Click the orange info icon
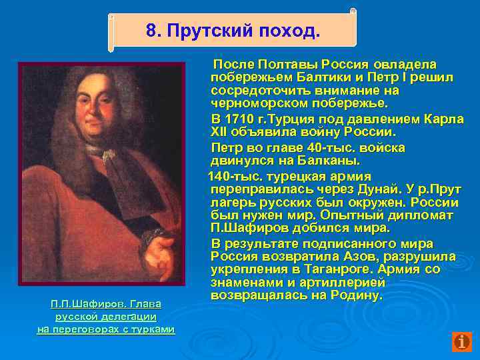click(461, 341)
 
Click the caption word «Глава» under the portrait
click(145, 304)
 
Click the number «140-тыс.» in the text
click(234, 176)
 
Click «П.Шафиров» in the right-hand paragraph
click(243, 229)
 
